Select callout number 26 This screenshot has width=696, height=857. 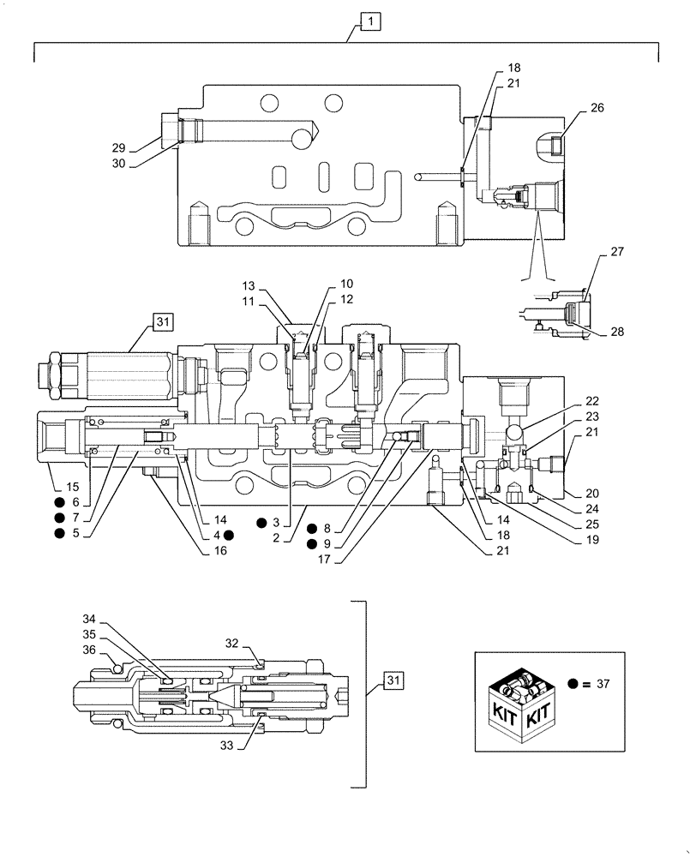[597, 108]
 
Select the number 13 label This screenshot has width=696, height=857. [249, 285]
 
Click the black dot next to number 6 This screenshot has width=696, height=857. [59, 502]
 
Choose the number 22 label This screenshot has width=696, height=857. [593, 401]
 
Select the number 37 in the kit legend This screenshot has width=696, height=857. [603, 683]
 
